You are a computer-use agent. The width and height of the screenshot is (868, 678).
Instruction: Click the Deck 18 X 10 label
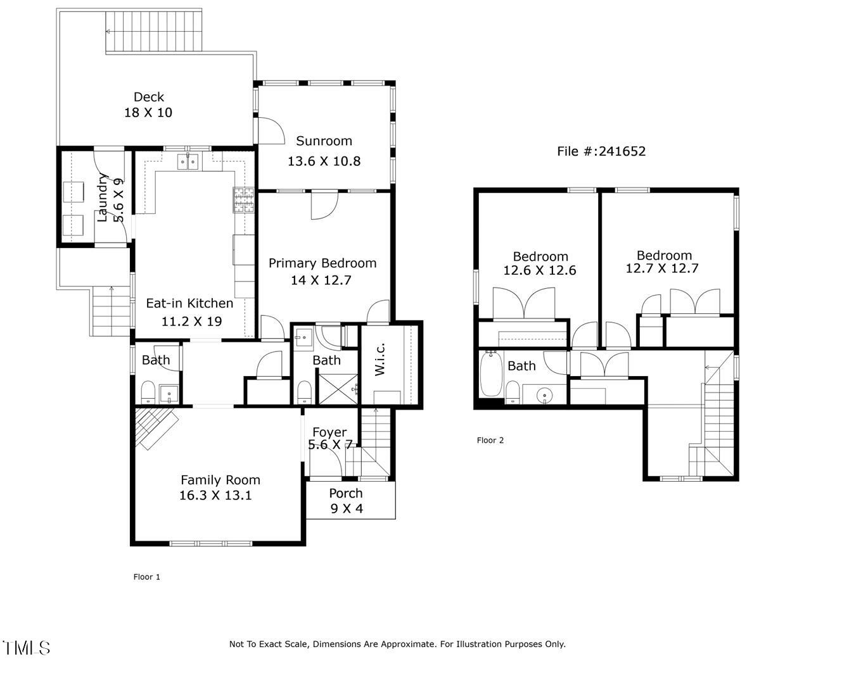coord(148,104)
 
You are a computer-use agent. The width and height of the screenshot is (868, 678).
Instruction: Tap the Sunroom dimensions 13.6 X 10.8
coord(324,161)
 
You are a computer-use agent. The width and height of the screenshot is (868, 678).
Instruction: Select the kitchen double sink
coord(188,161)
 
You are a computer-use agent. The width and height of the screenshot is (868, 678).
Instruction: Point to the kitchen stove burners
coord(244,200)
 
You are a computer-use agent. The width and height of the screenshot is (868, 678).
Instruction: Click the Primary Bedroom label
coord(322,263)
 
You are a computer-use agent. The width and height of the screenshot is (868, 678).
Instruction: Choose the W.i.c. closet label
coord(380,359)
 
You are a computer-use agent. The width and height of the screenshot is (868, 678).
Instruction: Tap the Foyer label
coord(329,432)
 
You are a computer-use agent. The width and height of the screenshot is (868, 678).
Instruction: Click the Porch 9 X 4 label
coord(346,501)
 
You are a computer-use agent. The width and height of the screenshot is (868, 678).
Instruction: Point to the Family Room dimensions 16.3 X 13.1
coord(215,495)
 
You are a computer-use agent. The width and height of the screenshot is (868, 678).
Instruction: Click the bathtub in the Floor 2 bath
coord(491,374)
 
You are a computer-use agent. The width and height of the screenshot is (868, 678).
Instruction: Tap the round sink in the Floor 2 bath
coord(545,396)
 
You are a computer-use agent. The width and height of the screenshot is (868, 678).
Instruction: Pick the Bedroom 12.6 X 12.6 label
coord(540,263)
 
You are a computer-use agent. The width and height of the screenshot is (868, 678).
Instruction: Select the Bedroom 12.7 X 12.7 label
coord(663,262)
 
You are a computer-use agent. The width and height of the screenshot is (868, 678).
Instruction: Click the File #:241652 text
coord(601,151)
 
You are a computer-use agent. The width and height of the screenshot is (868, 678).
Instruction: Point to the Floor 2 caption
coord(490,440)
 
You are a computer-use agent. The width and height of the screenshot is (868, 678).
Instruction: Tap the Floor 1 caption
coord(146,577)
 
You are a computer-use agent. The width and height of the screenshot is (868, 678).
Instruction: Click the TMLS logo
coord(27,648)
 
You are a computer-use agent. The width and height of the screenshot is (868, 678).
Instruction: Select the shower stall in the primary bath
coord(338,389)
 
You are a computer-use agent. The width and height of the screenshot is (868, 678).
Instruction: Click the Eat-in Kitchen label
coord(189,303)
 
